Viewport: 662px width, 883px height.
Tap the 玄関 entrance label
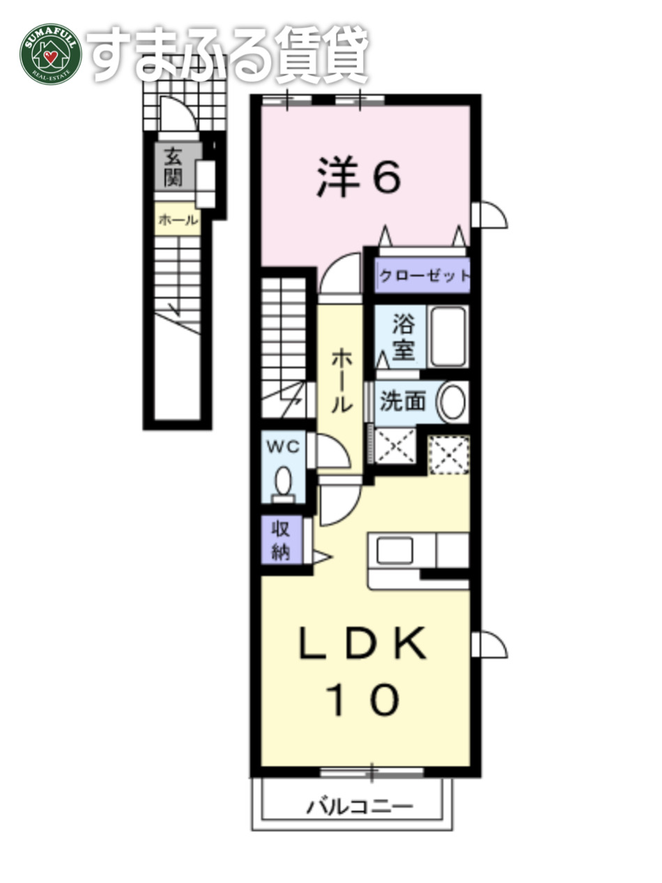[x=174, y=167]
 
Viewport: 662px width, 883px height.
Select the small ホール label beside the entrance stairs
[x=177, y=221]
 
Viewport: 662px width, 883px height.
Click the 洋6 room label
[x=360, y=177]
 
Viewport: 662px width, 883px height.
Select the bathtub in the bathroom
[x=448, y=336]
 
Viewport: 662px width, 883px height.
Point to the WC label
[x=282, y=447]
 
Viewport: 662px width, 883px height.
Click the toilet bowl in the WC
[x=283, y=481]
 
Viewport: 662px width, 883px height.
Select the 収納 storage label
[x=282, y=540]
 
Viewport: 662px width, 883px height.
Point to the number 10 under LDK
[x=362, y=699]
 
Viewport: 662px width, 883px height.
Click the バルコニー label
[x=360, y=808]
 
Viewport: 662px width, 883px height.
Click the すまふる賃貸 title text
[x=229, y=54]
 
